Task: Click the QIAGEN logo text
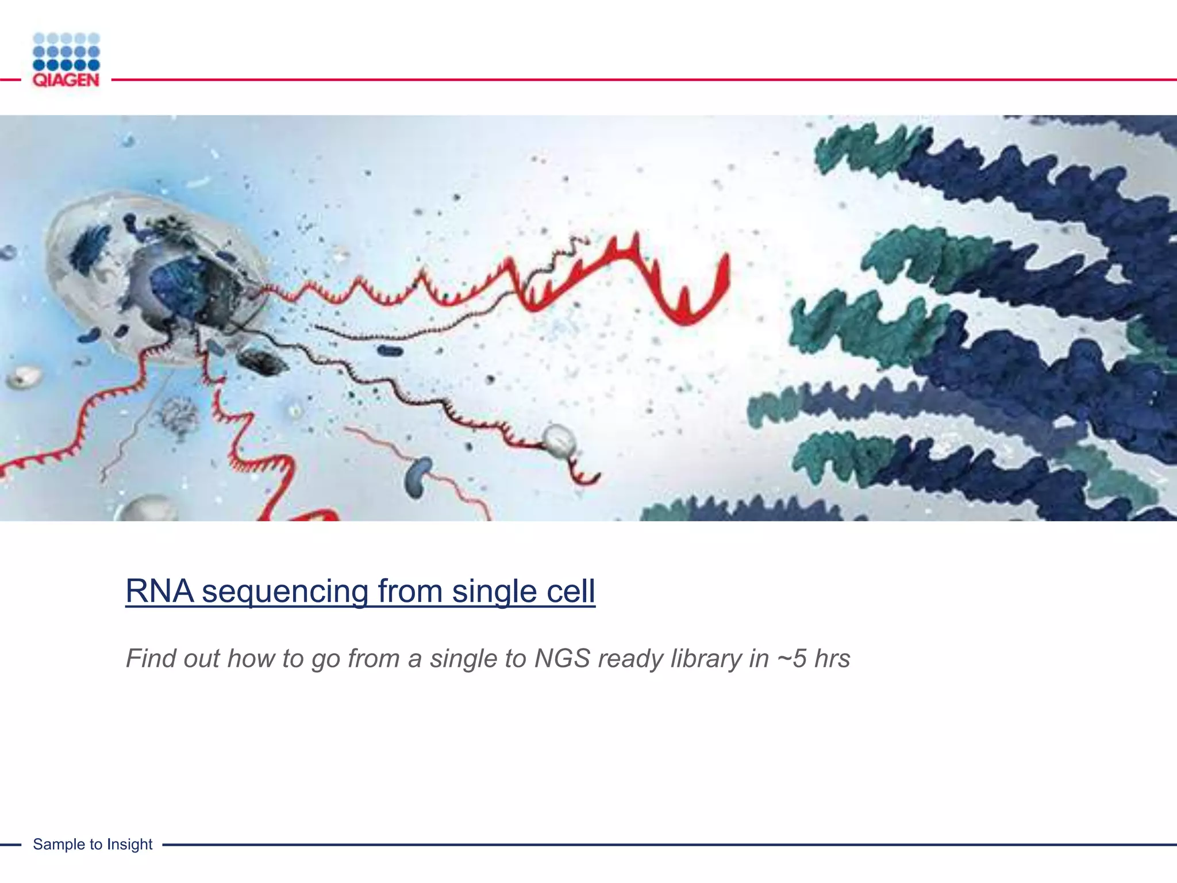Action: [66, 80]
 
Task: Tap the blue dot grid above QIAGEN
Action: [66, 52]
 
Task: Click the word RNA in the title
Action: [160, 591]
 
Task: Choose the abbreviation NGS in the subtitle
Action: [562, 659]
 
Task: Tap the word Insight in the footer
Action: [130, 844]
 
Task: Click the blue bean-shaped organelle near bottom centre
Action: [419, 477]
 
